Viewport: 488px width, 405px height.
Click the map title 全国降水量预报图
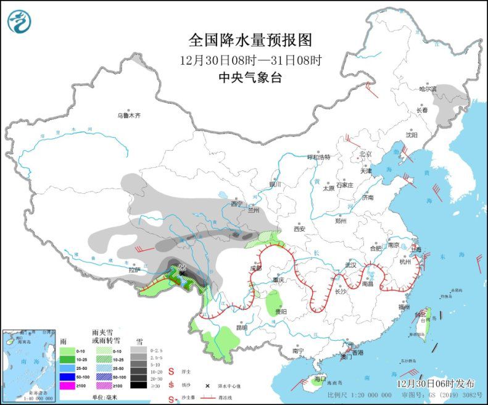(x=250, y=40)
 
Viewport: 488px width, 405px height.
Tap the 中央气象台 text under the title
(x=250, y=78)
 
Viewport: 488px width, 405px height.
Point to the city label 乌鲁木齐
(x=130, y=115)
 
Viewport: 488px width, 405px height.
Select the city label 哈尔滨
(x=428, y=90)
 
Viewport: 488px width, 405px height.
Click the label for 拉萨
(x=134, y=270)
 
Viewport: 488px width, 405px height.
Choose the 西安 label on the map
(x=300, y=228)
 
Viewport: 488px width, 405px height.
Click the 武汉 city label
(x=351, y=264)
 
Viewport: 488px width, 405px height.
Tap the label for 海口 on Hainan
(x=319, y=378)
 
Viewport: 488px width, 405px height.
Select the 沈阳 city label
(x=411, y=134)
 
